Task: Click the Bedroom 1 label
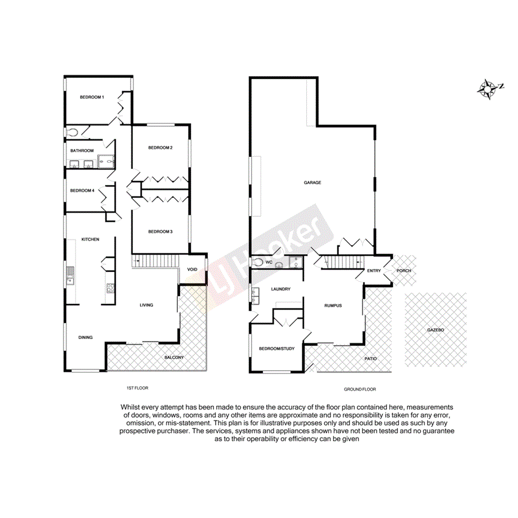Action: pyautogui.click(x=92, y=97)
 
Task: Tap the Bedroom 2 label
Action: pyautogui.click(x=160, y=148)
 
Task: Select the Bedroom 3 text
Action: pyautogui.click(x=160, y=231)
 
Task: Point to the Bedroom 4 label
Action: pyautogui.click(x=82, y=191)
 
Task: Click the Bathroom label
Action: pyautogui.click(x=82, y=151)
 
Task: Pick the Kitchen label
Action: pyautogui.click(x=91, y=240)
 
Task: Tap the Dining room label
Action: pyautogui.click(x=85, y=337)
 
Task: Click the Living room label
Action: pyautogui.click(x=146, y=305)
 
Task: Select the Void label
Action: pyautogui.click(x=192, y=270)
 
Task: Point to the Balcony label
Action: pyautogui.click(x=174, y=357)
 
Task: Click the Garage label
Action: pyautogui.click(x=312, y=183)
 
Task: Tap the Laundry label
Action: pyautogui.click(x=281, y=289)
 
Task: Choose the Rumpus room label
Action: pyautogui.click(x=333, y=306)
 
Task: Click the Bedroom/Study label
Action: pyautogui.click(x=277, y=349)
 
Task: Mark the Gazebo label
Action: pyautogui.click(x=436, y=330)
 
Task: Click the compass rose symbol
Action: pyautogui.click(x=489, y=88)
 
